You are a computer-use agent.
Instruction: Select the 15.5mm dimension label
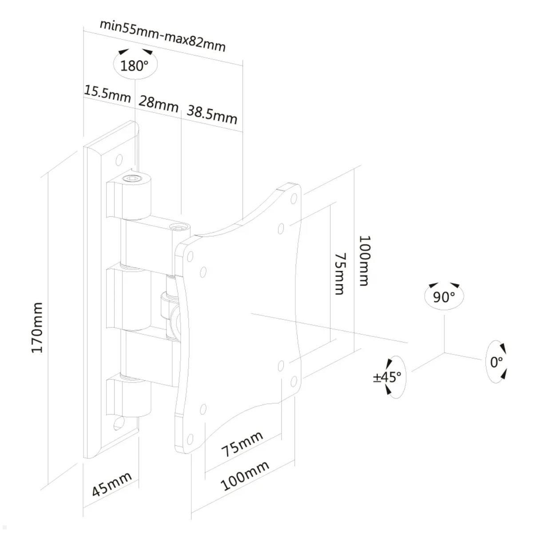pyautogui.click(x=107, y=94)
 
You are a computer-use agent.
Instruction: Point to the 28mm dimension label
pyautogui.click(x=158, y=104)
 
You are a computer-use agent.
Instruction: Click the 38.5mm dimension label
pyautogui.click(x=211, y=114)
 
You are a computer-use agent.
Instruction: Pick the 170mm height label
pyautogui.click(x=37, y=327)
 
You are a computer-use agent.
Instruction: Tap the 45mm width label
pyautogui.click(x=111, y=484)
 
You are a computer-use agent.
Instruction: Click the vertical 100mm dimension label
pyautogui.click(x=364, y=261)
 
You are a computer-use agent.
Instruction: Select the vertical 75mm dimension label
pyautogui.click(x=339, y=274)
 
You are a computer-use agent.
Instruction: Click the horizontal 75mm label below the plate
pyautogui.click(x=242, y=444)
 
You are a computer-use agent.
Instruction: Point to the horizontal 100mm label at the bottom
pyautogui.click(x=245, y=475)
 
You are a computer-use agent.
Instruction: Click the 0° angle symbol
pyautogui.click(x=496, y=362)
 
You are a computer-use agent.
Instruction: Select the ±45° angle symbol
pyautogui.click(x=388, y=377)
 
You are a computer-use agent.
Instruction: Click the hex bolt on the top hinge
pyautogui.click(x=132, y=179)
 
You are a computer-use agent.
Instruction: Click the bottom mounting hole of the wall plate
pyautogui.click(x=119, y=423)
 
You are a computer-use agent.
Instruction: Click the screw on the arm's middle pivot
pyautogui.click(x=180, y=229)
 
